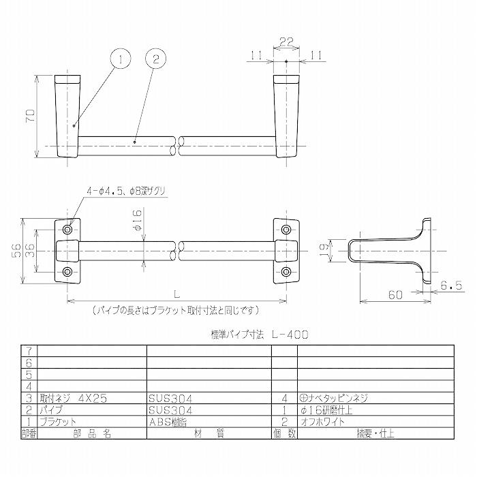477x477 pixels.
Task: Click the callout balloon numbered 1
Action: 119,60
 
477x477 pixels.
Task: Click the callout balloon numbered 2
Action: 155,60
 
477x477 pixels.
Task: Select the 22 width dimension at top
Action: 287,42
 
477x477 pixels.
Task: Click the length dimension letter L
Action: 176,294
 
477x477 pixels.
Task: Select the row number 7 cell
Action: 29,350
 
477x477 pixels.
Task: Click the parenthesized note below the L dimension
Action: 176,310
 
